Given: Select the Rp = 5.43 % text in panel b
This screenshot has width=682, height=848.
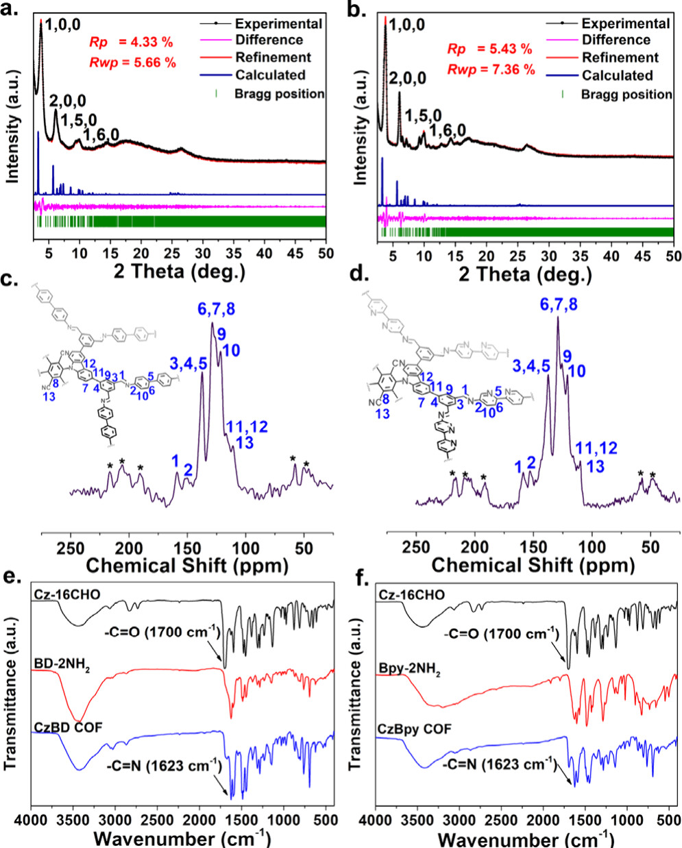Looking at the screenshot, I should coord(489,49).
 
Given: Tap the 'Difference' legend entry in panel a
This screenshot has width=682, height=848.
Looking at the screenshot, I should coord(269,40).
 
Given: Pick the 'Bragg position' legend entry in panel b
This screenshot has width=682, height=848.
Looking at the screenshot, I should coord(626,94).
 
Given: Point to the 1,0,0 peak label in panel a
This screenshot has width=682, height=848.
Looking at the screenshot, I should coord(62,26).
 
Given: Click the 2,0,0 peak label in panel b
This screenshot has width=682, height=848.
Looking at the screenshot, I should coord(407,78).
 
